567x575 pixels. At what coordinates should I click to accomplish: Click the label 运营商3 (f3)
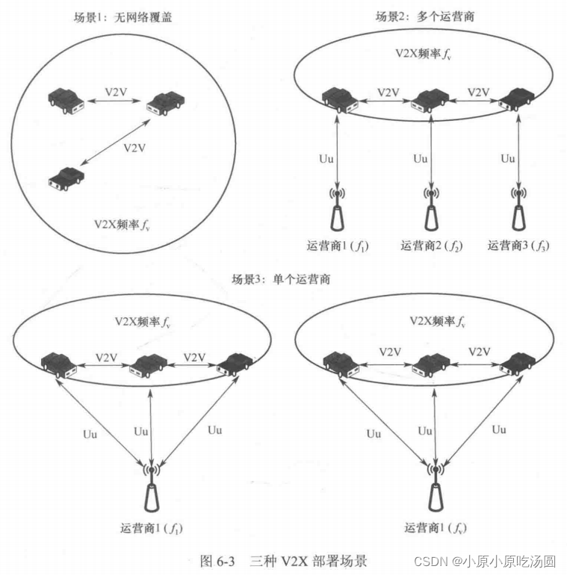[x=518, y=245]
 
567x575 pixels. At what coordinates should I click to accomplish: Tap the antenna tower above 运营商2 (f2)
[x=432, y=209]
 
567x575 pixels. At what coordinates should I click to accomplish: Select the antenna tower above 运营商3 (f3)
[x=518, y=209]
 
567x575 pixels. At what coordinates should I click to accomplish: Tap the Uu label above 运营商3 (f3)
[x=508, y=158]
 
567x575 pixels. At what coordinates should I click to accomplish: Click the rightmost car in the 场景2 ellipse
[x=517, y=99]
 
